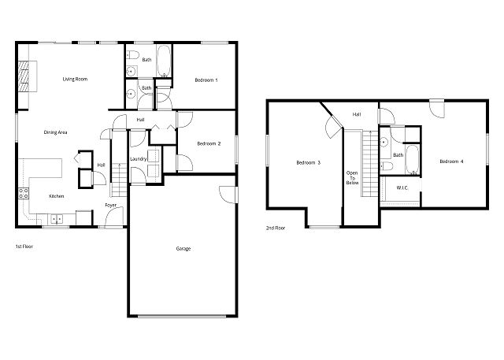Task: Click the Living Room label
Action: pos(75,79)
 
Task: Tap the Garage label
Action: pos(183,248)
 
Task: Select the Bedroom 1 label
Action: pos(206,80)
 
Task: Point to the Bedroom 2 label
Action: pos(209,143)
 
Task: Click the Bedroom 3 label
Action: pos(308,162)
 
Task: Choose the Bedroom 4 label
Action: pos(451,161)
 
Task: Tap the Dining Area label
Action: pos(55,132)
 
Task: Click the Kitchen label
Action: pos(56,196)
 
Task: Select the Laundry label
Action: pos(139,159)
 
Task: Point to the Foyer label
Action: pos(110,205)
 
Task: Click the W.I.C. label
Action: pos(402,187)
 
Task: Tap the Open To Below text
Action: pos(352,178)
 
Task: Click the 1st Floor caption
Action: pos(24,247)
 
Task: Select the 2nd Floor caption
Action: pos(276,228)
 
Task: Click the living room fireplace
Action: pos(23,76)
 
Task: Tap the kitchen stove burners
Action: pos(24,193)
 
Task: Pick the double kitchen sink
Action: pos(57,219)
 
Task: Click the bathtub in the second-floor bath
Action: pos(412,160)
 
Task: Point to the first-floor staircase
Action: pos(119,180)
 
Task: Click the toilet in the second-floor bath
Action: pos(387,166)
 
